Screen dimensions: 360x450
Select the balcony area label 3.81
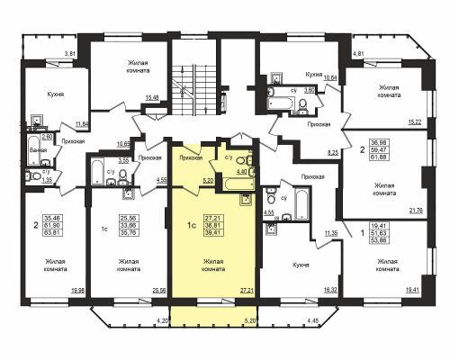pos(70,55)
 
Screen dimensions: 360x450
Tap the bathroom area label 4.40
pos(241,170)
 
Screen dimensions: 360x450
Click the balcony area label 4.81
pos(359,55)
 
